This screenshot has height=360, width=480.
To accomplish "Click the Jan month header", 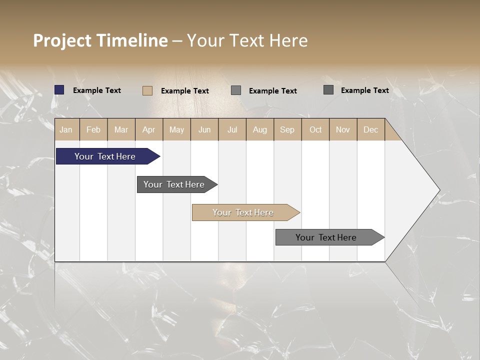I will [66, 129].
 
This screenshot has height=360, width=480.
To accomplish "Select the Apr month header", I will [148, 129].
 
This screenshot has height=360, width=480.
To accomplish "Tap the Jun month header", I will [204, 129].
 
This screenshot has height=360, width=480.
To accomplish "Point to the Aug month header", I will [259, 129].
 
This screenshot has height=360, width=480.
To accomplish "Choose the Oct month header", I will [315, 129].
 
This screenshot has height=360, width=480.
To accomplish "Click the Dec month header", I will [370, 129].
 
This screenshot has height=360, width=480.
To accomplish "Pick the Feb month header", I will [93, 129].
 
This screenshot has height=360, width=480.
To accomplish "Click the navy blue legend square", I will [59, 90].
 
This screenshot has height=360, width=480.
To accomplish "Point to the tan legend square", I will [147, 90].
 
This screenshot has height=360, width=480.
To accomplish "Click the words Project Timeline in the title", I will [100, 40].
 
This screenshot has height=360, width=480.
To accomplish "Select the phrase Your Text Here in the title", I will [247, 40].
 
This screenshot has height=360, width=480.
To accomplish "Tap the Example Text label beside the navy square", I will [97, 90].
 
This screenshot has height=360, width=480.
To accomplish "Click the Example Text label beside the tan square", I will [185, 91].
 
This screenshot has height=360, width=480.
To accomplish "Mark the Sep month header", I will [287, 129].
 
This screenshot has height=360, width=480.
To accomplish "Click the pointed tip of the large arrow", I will [438, 190].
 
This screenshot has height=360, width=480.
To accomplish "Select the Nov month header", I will [343, 129].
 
